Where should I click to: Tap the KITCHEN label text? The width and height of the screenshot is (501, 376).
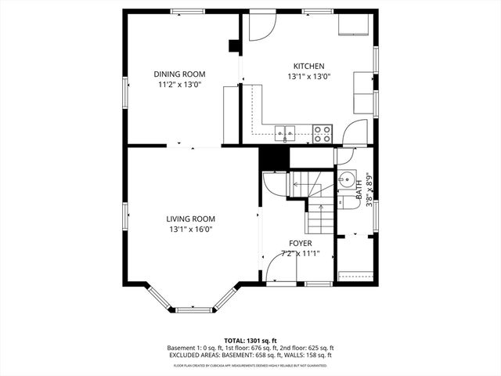tap(308, 67)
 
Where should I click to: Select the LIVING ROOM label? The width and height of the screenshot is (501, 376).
tap(190, 219)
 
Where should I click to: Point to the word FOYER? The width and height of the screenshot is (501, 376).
tap(301, 244)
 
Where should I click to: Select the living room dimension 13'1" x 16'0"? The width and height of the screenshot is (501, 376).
tap(190, 230)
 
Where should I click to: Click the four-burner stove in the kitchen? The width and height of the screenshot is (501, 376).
tap(322, 133)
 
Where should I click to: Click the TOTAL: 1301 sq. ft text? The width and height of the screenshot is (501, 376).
tap(250, 340)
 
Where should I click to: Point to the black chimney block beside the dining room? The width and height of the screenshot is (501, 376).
tap(233, 45)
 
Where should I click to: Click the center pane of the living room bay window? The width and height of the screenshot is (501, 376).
tap(194, 310)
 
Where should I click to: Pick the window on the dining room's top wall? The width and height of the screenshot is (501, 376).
tap(188, 10)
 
